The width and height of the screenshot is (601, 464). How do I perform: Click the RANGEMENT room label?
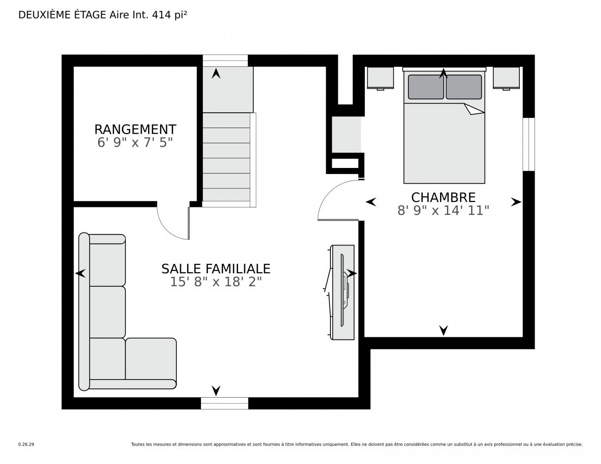135,129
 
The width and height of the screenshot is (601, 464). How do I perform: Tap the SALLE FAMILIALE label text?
216,269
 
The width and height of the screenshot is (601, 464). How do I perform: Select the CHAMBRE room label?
443,198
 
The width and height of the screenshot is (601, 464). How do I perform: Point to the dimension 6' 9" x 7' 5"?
135,143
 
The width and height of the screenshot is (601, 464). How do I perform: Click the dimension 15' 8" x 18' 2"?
216,282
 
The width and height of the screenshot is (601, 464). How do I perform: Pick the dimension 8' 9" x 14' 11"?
443,211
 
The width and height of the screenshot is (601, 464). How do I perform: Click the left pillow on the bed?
426,87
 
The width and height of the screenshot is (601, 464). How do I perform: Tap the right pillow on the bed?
464,87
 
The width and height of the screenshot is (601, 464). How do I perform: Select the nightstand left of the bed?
380,78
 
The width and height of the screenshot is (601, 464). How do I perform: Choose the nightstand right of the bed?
506,78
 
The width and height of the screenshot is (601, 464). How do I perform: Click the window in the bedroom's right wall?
529,144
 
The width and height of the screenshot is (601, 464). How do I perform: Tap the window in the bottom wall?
224,403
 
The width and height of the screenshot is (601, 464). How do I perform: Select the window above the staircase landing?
225,61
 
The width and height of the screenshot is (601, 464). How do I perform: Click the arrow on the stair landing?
216,74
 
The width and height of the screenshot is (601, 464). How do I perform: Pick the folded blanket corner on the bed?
473,109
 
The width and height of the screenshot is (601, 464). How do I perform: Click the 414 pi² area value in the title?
169,15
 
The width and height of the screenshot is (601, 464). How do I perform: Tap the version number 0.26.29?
26,445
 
